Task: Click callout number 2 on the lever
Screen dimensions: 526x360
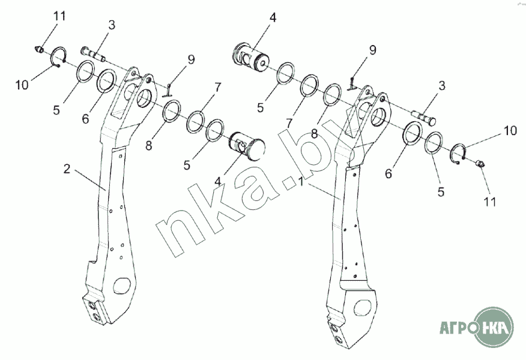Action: (67, 169)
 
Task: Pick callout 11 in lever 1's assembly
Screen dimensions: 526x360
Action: (490, 202)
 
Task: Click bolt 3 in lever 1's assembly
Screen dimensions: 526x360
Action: (423, 117)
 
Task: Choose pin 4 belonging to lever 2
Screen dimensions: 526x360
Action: (247, 146)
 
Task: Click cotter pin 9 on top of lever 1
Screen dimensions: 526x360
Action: (353, 80)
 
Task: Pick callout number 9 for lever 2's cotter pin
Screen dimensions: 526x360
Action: (191, 59)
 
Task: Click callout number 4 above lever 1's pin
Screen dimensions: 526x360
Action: (273, 18)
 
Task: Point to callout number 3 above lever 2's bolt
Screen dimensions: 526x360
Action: (112, 25)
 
